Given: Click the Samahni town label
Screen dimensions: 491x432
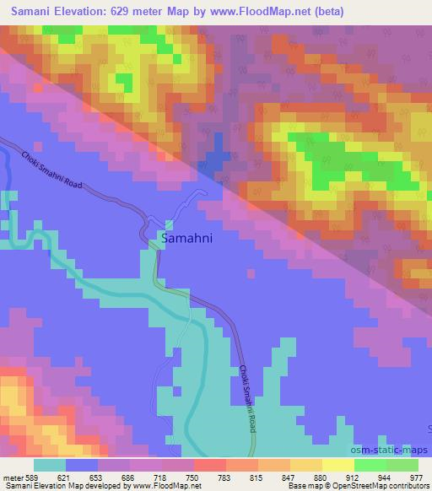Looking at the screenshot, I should (186, 240).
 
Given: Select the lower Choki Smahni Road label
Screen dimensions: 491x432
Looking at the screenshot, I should (246, 399).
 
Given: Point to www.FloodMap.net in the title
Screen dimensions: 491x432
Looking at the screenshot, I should (283, 11).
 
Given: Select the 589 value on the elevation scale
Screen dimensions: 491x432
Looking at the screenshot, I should (31, 478).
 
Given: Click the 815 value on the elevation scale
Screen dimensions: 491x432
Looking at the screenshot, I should (256, 478).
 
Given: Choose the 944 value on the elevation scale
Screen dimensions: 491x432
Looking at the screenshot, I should (384, 478).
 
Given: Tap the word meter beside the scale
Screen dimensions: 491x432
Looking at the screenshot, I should (11, 478).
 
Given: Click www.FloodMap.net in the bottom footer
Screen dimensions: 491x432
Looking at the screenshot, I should (156, 487).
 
